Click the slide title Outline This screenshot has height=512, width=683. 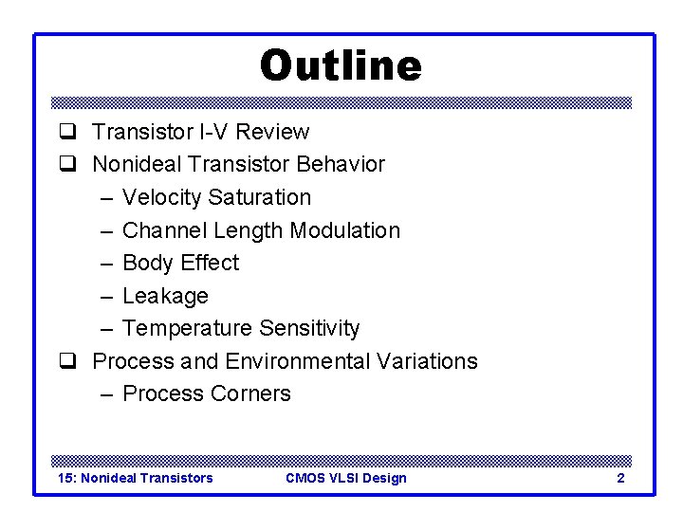pos(341,66)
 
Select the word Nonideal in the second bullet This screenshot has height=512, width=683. pos(137,164)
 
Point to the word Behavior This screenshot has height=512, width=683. pos(341,164)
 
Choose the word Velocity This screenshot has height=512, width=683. pos(162,197)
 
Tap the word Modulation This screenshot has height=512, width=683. pos(345,230)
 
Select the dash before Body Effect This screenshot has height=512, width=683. pos(105,263)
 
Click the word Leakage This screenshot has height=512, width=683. pos(165,296)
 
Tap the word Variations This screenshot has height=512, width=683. pos(427,361)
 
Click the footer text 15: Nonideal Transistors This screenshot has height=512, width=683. pos(136,478)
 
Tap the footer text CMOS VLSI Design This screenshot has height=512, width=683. pos(345,478)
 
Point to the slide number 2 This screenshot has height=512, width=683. pos(620,478)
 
